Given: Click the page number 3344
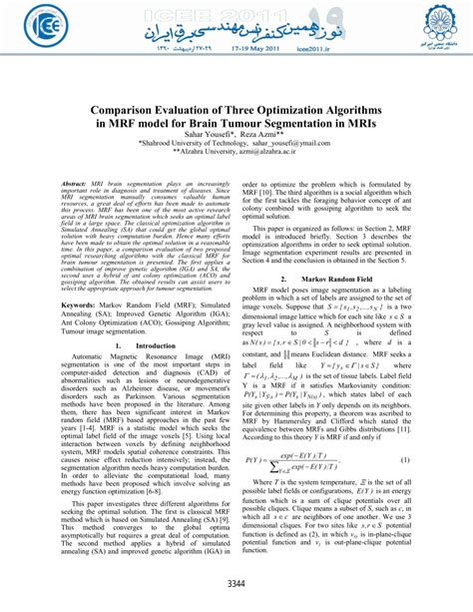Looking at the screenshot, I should (236, 583).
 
